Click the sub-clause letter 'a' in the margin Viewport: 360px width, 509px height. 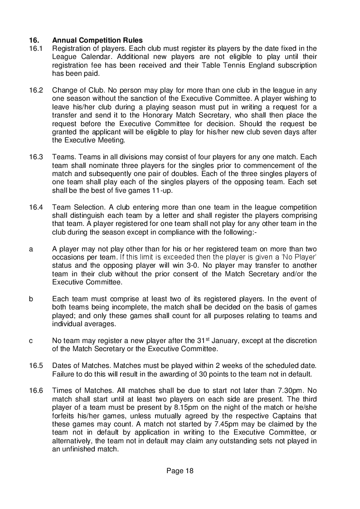click(x=31, y=249)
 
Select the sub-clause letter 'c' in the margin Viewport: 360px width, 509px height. click(x=31, y=341)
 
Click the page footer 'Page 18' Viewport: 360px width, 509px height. click(x=180, y=471)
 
